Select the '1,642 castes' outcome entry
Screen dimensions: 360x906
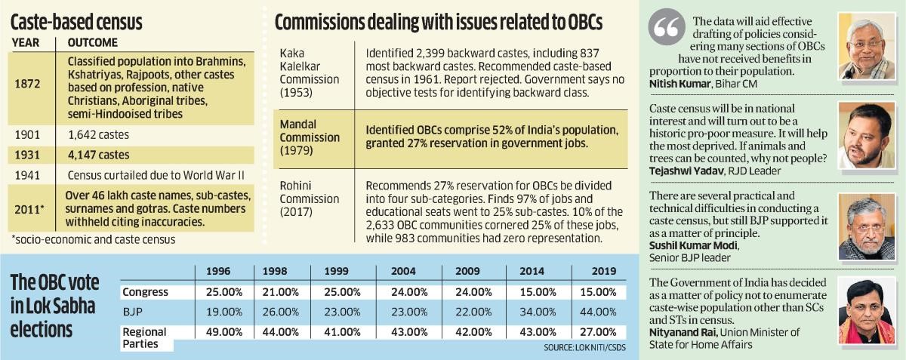coord(98,137)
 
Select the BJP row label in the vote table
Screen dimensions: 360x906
coord(134,311)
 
